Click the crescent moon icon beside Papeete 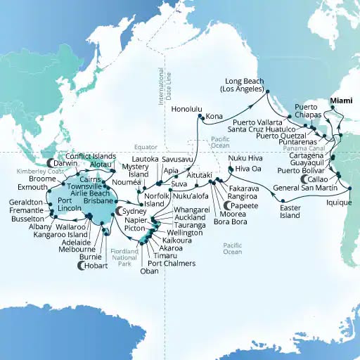(226, 205)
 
